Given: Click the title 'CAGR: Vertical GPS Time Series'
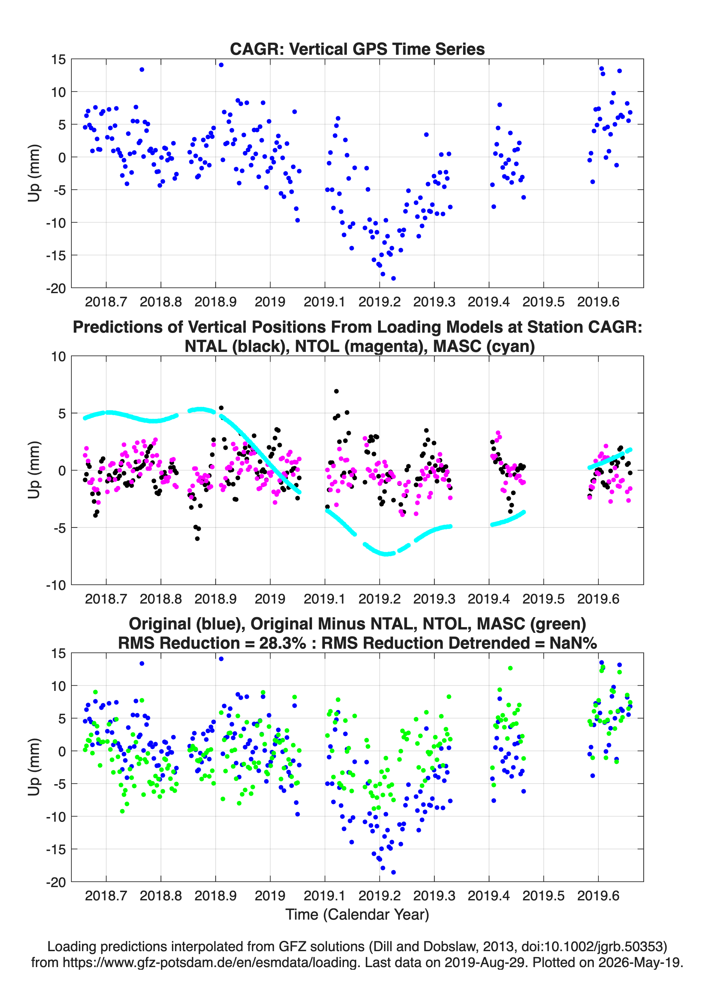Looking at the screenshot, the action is click(357, 49).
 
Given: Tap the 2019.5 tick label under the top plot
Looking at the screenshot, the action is click(543, 302).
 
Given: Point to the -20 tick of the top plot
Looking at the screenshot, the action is click(56, 288).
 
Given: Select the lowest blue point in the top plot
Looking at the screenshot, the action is click(393, 278).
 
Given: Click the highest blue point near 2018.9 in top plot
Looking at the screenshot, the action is click(221, 65).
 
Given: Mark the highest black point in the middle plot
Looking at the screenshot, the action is click(336, 391).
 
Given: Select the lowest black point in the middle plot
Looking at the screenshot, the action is click(197, 538).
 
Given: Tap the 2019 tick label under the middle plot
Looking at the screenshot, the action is click(270, 599).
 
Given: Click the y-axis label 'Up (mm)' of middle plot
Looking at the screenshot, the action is click(34, 470).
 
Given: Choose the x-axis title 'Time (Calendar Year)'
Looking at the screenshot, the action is click(357, 914).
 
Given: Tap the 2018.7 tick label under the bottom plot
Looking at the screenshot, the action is click(106, 896).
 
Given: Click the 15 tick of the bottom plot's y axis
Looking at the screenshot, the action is click(58, 653).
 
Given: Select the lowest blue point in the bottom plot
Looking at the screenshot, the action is click(393, 872).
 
